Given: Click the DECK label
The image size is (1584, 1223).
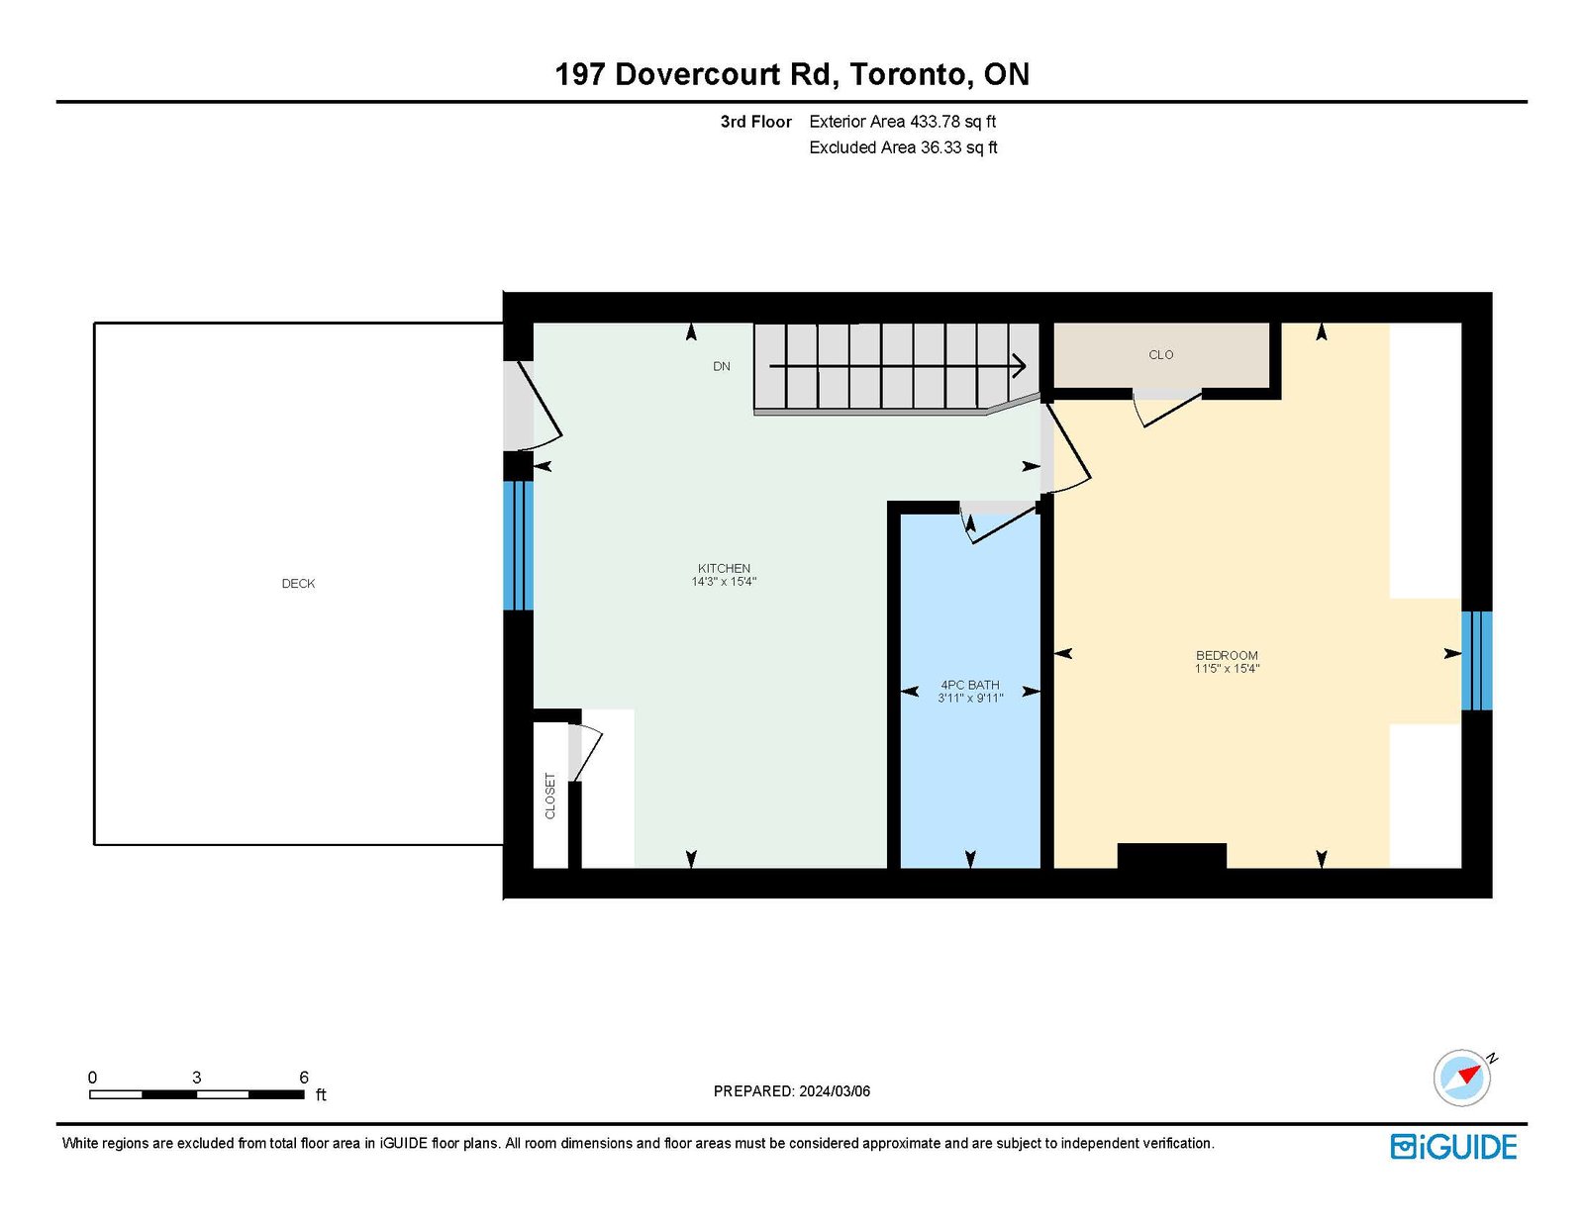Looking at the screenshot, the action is click(298, 584).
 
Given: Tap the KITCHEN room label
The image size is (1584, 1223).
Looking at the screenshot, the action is click(724, 568).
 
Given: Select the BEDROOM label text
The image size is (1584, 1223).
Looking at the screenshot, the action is click(1227, 656).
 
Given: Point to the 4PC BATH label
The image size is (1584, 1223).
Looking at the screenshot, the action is click(970, 685).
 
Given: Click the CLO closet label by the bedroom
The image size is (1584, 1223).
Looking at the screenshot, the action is click(1161, 355).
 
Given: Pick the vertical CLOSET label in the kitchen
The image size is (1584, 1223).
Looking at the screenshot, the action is click(550, 797).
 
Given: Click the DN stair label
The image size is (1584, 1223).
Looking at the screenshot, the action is click(722, 366).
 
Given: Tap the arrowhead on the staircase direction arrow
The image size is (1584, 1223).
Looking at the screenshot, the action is click(1020, 366).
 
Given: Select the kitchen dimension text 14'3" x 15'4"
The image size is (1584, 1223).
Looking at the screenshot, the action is click(724, 581).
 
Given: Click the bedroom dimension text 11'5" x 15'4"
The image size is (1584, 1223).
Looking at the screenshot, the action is click(1227, 668).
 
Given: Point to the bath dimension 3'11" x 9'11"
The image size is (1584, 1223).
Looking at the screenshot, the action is click(970, 698).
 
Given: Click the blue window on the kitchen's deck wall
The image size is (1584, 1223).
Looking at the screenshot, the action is click(519, 545).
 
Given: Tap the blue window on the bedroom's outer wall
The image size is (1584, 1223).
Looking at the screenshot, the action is click(1477, 660).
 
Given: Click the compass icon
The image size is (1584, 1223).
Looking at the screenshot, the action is click(1461, 1079).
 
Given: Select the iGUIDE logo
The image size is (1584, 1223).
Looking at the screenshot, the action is click(1453, 1147).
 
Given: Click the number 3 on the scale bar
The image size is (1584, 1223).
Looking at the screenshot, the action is click(196, 1078).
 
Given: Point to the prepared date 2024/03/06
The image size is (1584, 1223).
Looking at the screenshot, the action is click(835, 1091).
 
